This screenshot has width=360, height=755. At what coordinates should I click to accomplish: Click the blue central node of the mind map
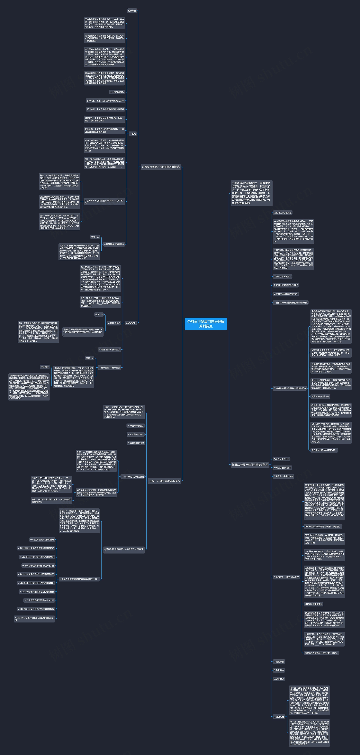(x=206, y=324)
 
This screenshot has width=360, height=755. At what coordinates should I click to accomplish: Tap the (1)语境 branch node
(x=133, y=134)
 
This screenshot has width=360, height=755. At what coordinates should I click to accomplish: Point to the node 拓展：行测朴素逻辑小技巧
(x=164, y=481)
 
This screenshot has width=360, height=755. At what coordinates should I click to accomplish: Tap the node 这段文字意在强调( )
(x=282, y=276)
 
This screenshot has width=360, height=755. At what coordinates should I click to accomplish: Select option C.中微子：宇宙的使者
(x=283, y=476)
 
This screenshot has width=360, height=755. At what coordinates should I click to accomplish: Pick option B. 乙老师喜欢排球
(x=136, y=434)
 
